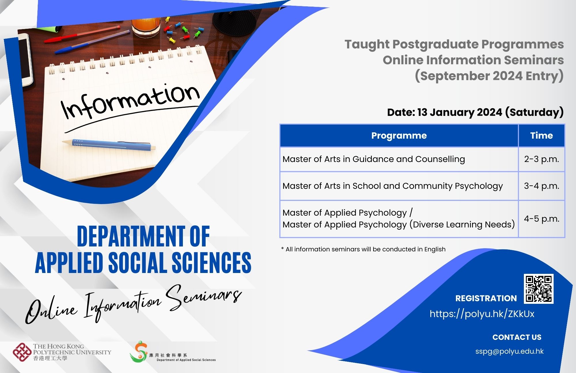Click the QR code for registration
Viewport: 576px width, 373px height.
(539, 289)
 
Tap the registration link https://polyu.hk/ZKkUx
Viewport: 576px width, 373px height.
(482, 314)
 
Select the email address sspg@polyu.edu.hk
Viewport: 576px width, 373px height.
(509, 351)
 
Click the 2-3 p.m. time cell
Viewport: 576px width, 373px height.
(541, 159)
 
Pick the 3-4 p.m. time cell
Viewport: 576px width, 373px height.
(541, 186)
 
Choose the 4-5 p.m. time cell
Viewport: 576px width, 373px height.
(541, 219)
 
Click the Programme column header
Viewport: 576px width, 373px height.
(399, 135)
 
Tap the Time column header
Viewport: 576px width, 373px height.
(541, 135)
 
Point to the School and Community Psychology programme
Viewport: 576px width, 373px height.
(393, 186)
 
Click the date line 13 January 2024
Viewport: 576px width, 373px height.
(475, 112)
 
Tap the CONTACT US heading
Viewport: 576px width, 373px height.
(517, 337)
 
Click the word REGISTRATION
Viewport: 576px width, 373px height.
(486, 298)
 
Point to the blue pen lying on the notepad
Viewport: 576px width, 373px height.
(109, 144)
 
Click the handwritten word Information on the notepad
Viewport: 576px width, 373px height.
(130, 101)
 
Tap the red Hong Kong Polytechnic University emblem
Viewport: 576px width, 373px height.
(22, 352)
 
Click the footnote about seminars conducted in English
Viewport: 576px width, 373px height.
(363, 249)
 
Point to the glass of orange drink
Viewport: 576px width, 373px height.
(146, 27)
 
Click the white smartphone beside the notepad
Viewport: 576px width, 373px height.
(25, 59)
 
